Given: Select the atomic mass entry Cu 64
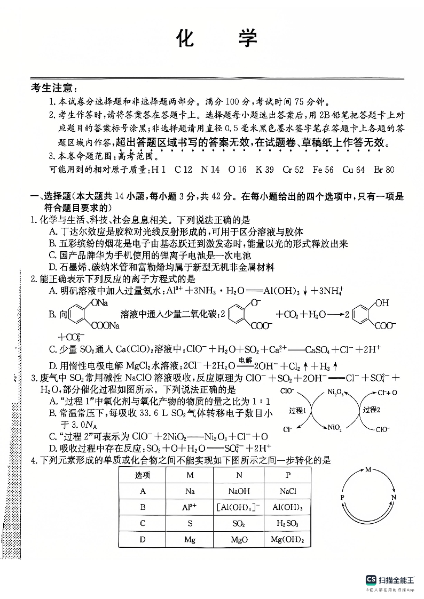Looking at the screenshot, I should [354, 170].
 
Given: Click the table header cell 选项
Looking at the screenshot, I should [143, 475].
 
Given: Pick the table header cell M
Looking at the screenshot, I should [190, 475].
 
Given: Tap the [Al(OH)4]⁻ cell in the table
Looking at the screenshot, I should [239, 507].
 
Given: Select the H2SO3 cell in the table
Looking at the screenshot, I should [287, 523].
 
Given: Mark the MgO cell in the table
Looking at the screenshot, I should [239, 539].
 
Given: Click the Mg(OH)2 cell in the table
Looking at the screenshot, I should [287, 539].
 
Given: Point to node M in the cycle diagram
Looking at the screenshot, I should [368, 470].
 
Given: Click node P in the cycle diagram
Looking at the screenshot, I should [342, 496].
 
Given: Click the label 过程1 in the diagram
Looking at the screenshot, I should [297, 410].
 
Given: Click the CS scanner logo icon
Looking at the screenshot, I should [371, 580].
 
